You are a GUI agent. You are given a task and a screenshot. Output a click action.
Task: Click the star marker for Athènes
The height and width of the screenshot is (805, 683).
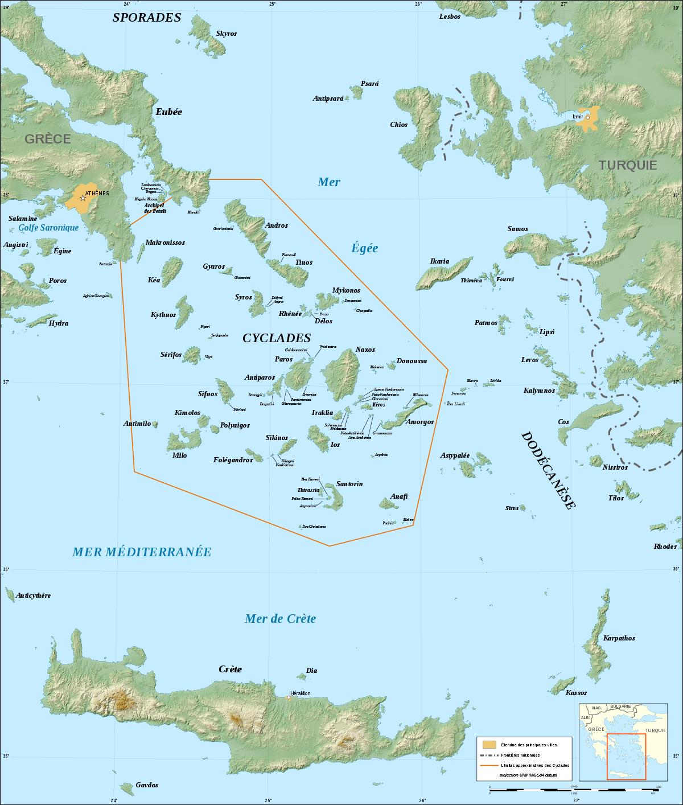coord(83,198)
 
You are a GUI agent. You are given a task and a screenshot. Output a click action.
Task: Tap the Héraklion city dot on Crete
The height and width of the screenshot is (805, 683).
coord(289,698)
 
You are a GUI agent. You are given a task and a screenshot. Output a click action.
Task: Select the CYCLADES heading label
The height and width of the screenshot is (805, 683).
coord(277,338)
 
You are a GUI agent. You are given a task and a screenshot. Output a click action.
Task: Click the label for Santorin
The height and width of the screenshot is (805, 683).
coord(349,484)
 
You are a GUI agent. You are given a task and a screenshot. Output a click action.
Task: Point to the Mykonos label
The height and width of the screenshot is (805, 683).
coord(346,290)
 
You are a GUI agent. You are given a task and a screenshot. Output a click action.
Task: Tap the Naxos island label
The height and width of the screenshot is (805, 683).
coord(365,350)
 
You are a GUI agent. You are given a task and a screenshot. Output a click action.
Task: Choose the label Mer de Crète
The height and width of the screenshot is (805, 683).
coord(280,619)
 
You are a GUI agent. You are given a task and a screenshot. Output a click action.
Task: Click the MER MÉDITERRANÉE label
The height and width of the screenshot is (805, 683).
coord(142,552)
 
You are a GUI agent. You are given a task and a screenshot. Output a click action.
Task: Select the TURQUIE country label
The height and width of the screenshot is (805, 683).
coord(627,165)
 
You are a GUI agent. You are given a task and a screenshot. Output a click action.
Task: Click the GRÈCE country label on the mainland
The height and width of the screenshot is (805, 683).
coord(47,139)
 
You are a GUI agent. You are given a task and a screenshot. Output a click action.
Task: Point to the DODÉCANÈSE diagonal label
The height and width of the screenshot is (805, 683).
coord(549,470)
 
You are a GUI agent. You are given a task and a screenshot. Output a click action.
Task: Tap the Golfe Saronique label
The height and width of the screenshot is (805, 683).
coord(48,228)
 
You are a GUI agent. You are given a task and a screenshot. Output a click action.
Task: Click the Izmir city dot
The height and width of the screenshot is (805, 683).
coord(588,117)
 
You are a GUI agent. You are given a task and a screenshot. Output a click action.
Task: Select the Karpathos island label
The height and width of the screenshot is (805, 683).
coord(619,638)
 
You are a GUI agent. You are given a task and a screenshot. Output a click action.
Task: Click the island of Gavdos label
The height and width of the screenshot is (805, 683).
coord(147,785)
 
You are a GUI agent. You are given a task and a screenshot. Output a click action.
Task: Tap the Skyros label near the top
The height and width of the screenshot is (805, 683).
coord(226,34)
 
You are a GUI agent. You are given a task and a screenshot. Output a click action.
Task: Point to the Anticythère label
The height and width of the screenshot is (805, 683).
coord(34,595)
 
